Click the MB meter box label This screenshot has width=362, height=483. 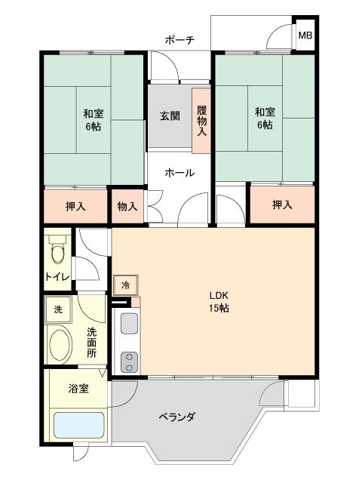[x=305, y=35]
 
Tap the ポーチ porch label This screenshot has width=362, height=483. [x=180, y=39]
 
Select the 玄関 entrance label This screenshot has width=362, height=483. [x=170, y=116]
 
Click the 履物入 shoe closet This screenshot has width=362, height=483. [x=201, y=119]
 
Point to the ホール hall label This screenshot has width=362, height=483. [x=180, y=173]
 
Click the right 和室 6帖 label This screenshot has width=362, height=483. [x=264, y=117]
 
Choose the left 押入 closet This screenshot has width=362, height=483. [x=75, y=205]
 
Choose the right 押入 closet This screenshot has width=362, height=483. [x=281, y=205]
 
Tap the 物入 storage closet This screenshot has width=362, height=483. [x=127, y=205]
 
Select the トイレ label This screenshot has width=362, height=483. [x=57, y=277]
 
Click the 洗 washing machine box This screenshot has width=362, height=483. [x=57, y=309]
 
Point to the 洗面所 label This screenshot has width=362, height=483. [x=91, y=342]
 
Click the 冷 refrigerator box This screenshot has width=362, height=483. [x=125, y=286]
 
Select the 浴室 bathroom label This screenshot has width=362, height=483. [x=78, y=389]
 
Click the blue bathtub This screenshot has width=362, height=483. [x=78, y=425]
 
